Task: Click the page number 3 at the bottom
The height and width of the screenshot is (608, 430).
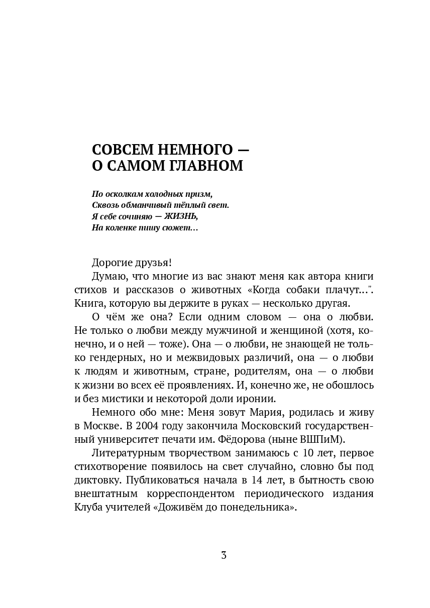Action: [x=224, y=556]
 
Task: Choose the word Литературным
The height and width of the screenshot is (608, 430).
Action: [x=123, y=453]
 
